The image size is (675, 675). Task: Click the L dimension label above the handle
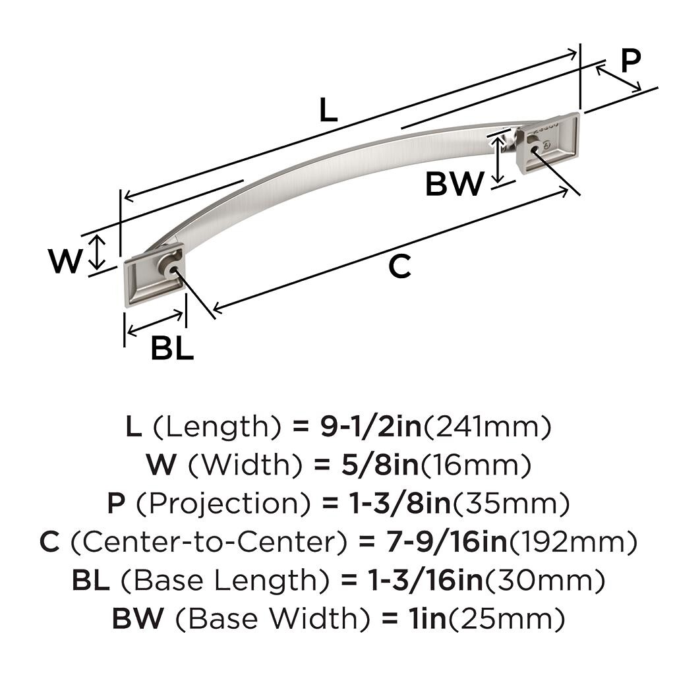point(328,111)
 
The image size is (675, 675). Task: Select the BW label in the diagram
point(454,184)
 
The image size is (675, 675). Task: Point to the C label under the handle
point(399,266)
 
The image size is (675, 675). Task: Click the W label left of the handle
point(66,262)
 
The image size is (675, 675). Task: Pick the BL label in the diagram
point(172,347)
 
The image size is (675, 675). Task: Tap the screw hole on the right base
point(533,149)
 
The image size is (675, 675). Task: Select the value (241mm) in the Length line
point(486,428)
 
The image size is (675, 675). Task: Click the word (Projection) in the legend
point(222,504)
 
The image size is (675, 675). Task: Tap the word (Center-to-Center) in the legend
point(208,543)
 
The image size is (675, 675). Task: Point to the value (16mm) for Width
point(476,466)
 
